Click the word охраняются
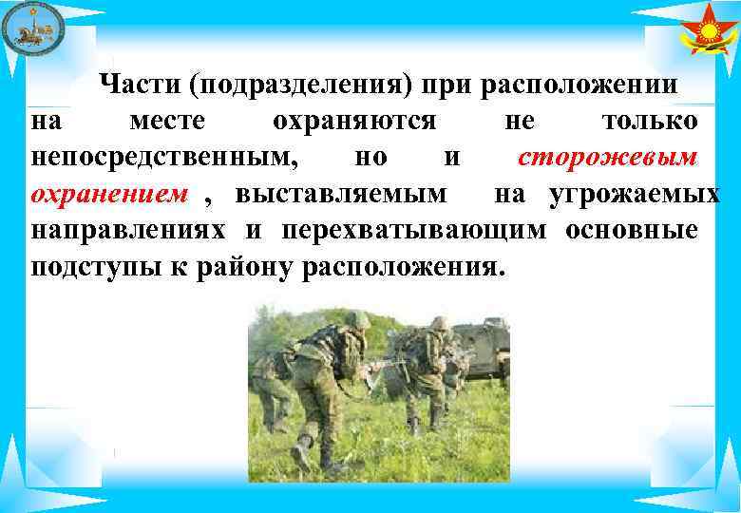tap(353, 122)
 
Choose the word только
tap(651, 122)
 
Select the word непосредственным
tap(164, 158)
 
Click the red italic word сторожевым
tap(608, 158)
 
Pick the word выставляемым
tap(341, 195)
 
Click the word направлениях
tap(128, 231)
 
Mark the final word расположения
tap(400, 267)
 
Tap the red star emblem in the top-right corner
tap(708, 32)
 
